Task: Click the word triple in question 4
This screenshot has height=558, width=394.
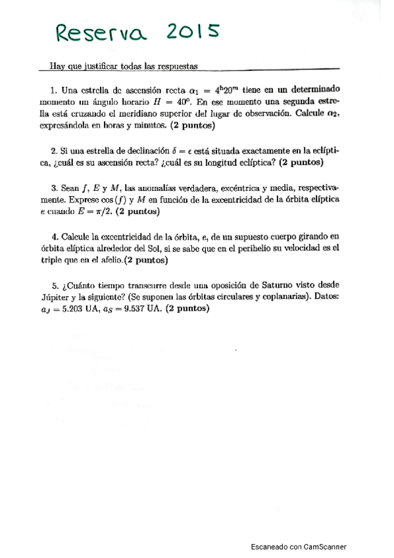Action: tap(50, 261)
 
